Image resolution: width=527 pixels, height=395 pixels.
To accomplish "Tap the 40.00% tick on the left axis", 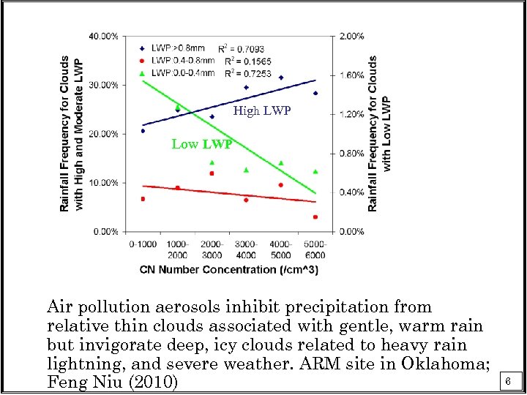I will click(105, 36).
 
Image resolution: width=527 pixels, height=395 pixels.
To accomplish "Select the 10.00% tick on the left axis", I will click(105, 183).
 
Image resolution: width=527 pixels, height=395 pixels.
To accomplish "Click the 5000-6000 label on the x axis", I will click(315, 249).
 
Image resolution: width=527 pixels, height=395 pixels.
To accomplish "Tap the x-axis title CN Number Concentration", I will click(229, 269).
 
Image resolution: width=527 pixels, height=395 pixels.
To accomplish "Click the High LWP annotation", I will click(261, 111).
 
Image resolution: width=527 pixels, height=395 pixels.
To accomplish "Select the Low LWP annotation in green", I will click(201, 144).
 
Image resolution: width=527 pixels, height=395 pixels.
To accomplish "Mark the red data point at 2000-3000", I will click(212, 173).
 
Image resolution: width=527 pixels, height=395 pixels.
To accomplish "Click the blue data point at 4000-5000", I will click(281, 78).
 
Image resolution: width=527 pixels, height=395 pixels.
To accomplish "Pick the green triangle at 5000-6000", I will click(315, 172).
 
